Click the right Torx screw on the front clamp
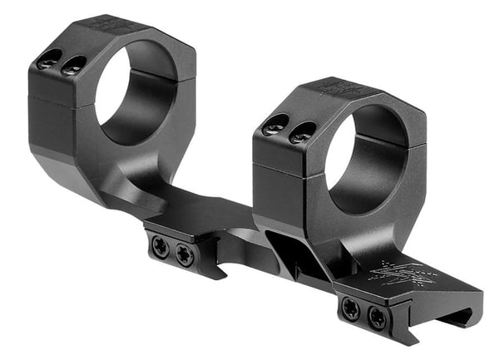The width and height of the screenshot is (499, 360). point(378,317)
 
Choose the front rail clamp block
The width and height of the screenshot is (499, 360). point(366,308)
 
